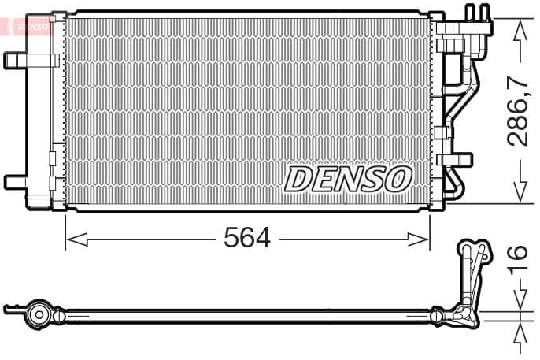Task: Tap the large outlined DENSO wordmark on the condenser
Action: pos(347,179)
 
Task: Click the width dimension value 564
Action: pos(247,237)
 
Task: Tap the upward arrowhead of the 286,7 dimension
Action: pos(519,30)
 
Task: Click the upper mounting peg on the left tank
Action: pos(15,60)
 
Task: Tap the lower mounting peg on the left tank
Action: pos(15,182)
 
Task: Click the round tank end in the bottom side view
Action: pos(37,314)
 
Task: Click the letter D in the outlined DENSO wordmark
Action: pos(299,179)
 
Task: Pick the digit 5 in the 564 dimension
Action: pos(232,237)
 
